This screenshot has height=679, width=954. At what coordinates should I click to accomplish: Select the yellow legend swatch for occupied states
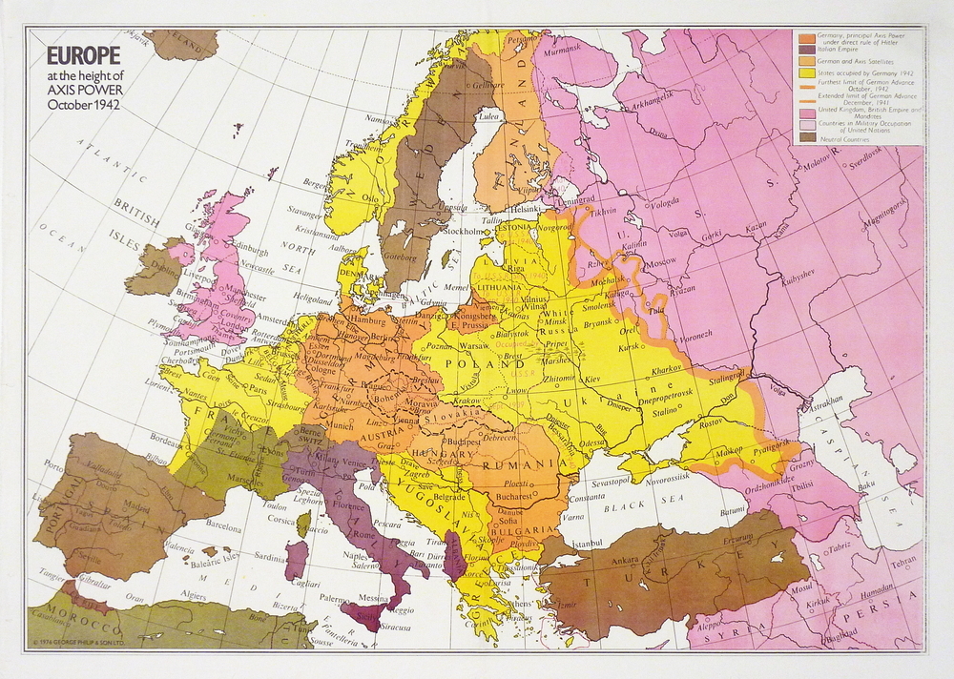(805, 72)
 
